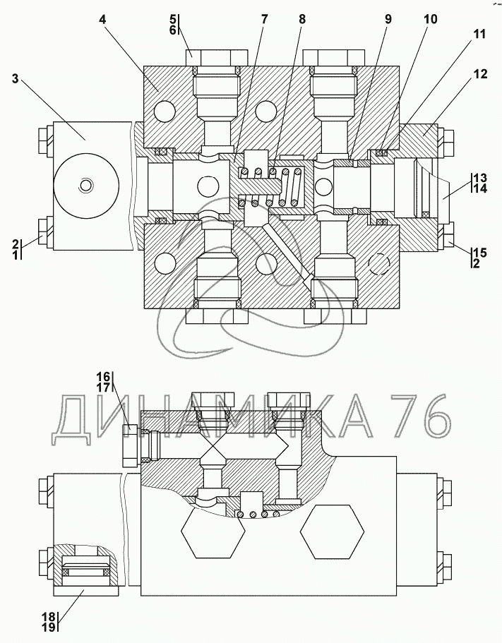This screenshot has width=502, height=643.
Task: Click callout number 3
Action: tap(16, 78)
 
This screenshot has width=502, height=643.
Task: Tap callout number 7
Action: tap(264, 20)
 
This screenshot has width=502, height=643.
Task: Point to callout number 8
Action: tap(302, 20)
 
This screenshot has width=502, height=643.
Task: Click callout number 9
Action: tap(388, 20)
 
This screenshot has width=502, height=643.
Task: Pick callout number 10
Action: tap(431, 20)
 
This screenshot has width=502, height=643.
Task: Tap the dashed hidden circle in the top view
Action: tap(379, 264)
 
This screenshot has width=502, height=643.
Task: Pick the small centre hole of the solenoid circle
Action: tap(86, 186)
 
